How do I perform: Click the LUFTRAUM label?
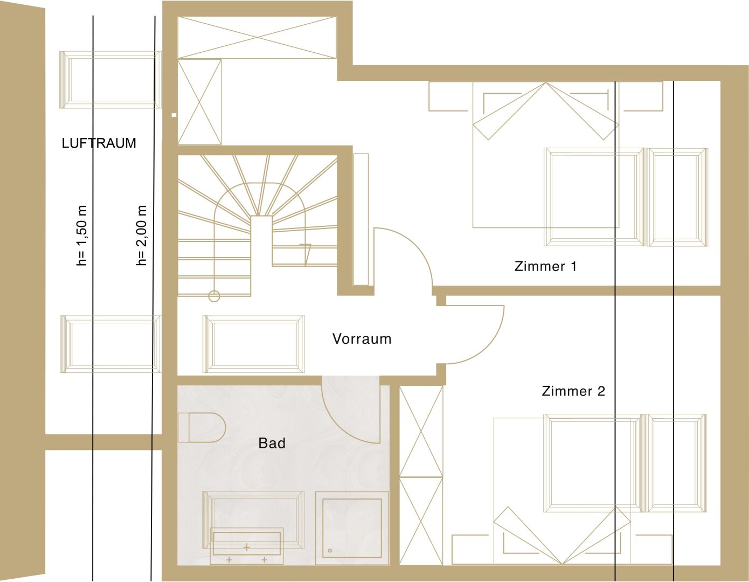click(x=99, y=143)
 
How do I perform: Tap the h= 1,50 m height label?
click(x=82, y=235)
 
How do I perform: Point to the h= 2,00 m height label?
click(x=141, y=235)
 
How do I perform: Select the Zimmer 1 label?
click(x=545, y=266)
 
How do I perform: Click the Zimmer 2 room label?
click(x=573, y=391)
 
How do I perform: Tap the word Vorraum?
click(x=362, y=339)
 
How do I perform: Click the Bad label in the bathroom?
click(x=272, y=443)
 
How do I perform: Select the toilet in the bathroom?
click(x=202, y=427)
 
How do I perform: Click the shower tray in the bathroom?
click(x=352, y=528)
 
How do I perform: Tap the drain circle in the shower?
click(x=330, y=551)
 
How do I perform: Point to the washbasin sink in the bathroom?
click(x=246, y=543)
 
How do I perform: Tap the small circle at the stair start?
click(x=214, y=296)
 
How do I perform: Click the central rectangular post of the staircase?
click(x=261, y=255)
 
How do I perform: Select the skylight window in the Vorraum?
click(x=254, y=344)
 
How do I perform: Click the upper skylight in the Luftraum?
click(x=110, y=80)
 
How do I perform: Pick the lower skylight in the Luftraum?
click(x=110, y=344)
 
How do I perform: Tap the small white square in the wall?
click(x=174, y=115)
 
